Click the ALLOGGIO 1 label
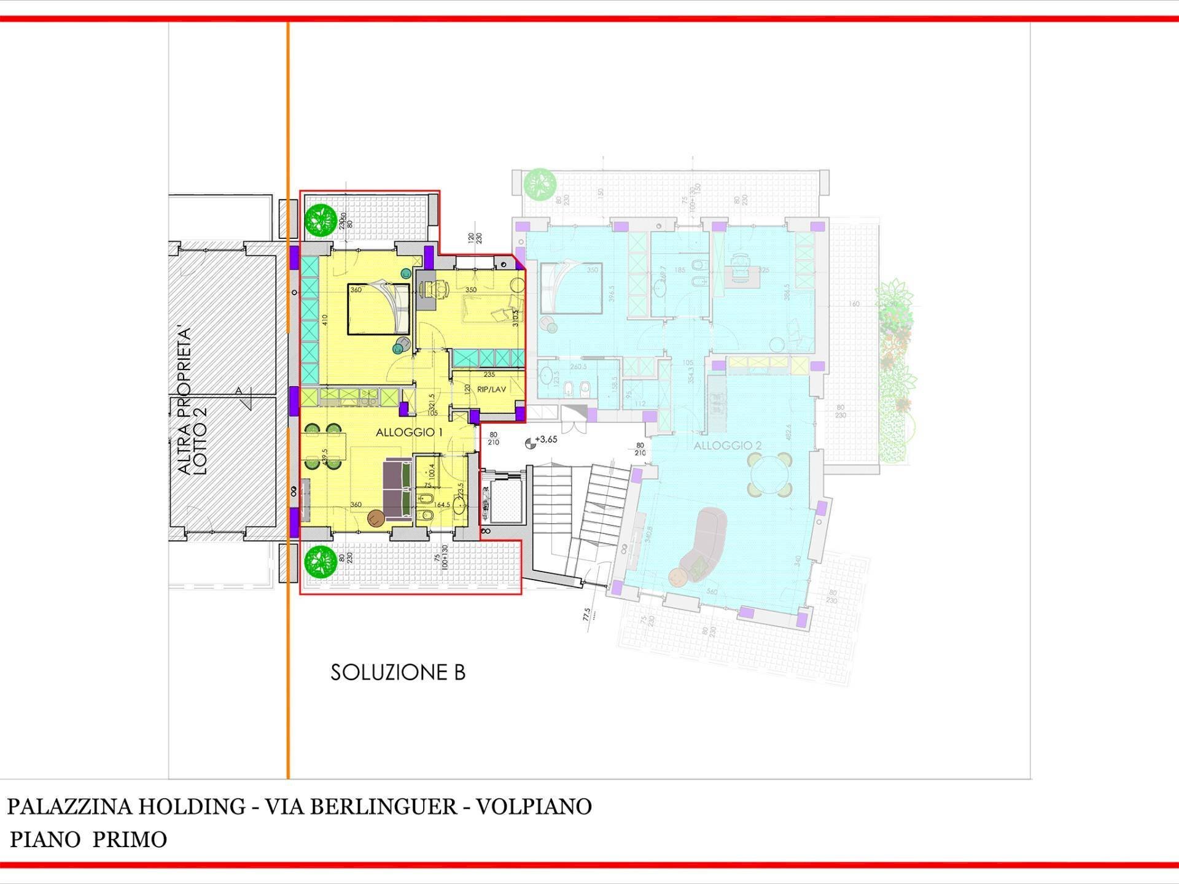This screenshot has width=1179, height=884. point(409,432)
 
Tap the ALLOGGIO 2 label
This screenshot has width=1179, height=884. point(728,446)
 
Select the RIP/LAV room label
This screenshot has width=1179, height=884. point(491,389)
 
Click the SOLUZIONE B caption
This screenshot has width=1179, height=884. point(398,672)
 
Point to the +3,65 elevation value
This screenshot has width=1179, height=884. point(546,440)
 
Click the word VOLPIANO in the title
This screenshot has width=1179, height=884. point(534,806)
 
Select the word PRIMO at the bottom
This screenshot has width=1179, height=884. point(130,839)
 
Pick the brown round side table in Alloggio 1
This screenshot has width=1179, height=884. point(376,519)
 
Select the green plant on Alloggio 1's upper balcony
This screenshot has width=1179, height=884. point(321,220)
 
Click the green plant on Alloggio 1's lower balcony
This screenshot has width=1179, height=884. point(321,561)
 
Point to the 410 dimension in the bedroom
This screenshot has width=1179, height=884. point(325,319)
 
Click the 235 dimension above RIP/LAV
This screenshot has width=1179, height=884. point(489,374)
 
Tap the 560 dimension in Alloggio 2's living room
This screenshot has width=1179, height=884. point(711,592)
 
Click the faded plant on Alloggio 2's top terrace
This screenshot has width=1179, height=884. point(540,184)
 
